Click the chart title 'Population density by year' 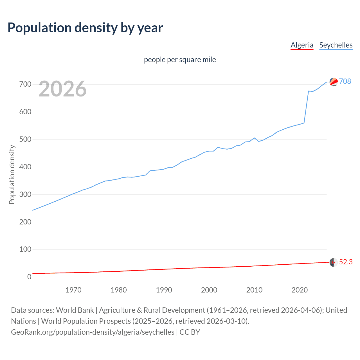coord(85,28)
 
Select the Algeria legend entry coord(302,45)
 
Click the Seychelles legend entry coord(336,45)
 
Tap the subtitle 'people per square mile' coord(180,60)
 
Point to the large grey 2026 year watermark coord(62,89)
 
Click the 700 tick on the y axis coord(25,84)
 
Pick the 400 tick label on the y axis coord(25,167)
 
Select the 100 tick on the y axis coord(25,249)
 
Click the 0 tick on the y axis coord(29,277)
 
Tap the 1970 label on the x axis coord(73,290)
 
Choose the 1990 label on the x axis coord(164,290)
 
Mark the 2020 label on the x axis coord(300,290)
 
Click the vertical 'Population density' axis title coord(12,174)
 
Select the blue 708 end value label coord(345,81)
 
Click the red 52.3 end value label coord(346,262)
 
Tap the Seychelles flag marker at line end coord(334,82)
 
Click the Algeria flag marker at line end coord(333,262)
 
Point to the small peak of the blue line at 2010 coord(254,138)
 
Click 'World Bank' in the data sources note coord(75,310)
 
